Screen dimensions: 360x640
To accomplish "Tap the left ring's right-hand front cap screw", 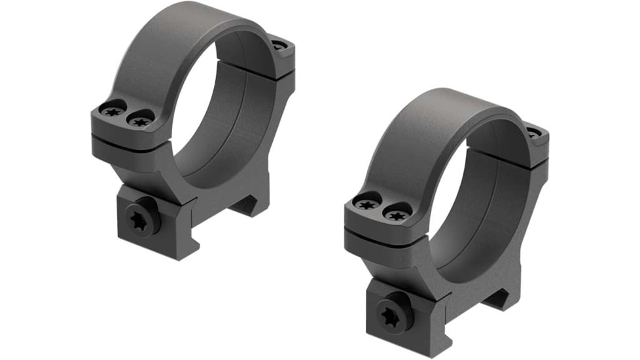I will [139, 119].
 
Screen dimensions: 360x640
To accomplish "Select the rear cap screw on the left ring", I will [280, 46].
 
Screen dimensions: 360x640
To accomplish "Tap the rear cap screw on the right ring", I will [535, 133].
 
